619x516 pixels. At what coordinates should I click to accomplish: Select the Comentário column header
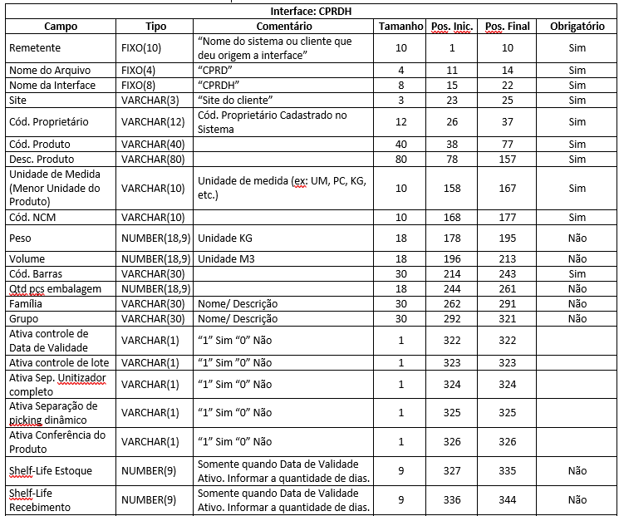point(282,27)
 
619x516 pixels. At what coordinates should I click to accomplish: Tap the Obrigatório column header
point(577,27)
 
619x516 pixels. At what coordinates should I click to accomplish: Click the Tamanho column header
point(400,27)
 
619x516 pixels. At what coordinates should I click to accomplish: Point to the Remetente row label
point(35,47)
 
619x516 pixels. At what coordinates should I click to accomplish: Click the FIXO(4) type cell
point(140,71)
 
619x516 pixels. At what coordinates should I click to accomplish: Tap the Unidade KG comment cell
point(224,238)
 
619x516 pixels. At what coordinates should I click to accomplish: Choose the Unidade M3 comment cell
point(224,258)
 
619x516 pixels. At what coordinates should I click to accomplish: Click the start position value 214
point(452,273)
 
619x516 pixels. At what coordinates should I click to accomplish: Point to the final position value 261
point(506,288)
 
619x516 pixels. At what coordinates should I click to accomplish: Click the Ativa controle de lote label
point(57,362)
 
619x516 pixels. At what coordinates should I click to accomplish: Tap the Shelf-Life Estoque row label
point(51,470)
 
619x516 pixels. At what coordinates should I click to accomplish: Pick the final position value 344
point(506,499)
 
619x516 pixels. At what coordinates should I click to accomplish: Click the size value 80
point(400,159)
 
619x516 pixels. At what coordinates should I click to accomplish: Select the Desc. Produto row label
point(42,159)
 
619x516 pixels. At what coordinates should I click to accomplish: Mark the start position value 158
point(452,188)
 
